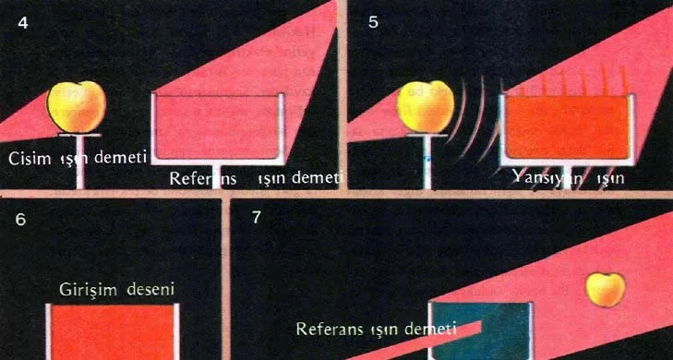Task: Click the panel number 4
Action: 23,23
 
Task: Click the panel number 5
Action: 373,23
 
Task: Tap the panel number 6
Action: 20,220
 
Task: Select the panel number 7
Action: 257,218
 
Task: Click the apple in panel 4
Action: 77,107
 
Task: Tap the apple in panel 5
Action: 426,107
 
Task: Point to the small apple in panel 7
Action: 606,290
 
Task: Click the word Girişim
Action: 88,290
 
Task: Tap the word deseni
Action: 150,289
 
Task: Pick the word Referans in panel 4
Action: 203,178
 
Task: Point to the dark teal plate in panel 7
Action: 483,330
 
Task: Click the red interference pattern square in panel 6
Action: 113,332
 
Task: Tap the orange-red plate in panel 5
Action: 567,127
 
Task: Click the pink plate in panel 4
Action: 217,127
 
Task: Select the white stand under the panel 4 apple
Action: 79,161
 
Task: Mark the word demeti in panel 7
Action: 435,329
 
